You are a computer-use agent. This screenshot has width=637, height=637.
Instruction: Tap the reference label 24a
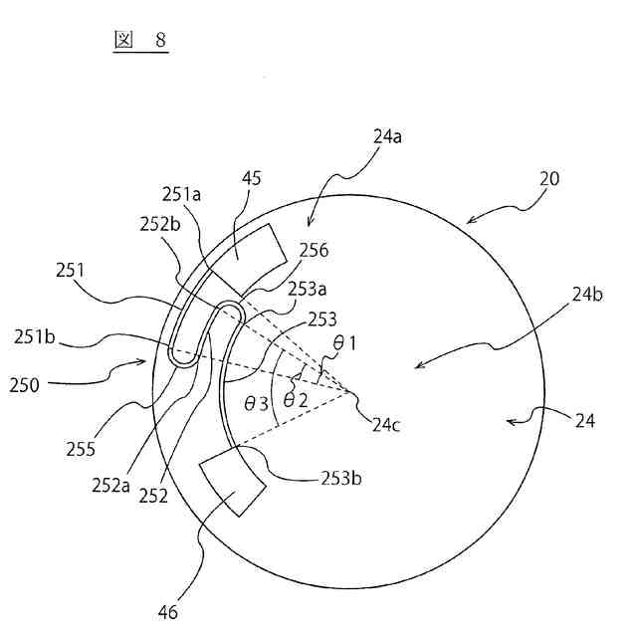[x=388, y=137]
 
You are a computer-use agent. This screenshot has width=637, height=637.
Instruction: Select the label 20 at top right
[x=548, y=179]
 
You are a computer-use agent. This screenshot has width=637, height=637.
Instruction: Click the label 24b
[x=586, y=295]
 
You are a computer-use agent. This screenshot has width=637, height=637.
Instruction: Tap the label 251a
[x=182, y=195]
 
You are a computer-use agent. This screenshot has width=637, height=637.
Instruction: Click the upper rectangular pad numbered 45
[x=246, y=252]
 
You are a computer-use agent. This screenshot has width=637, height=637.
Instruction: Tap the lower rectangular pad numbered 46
[x=233, y=481]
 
